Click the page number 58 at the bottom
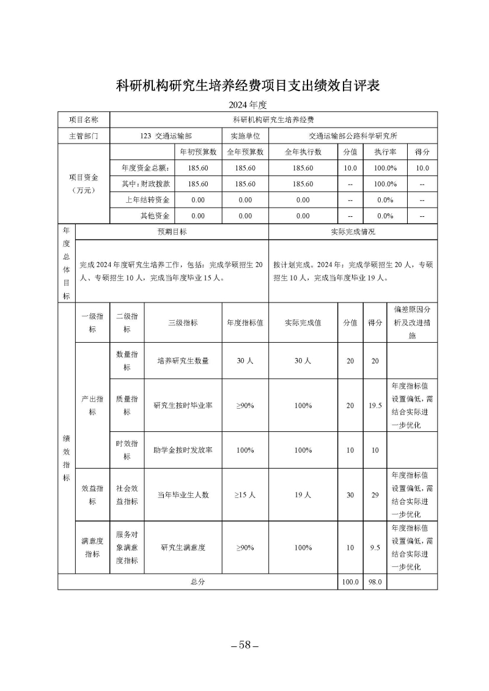pos(244,646)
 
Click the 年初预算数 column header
pos(197,152)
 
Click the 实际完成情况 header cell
pos(353,232)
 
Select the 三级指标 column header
pos(183,323)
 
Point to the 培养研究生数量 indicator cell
pos(183,360)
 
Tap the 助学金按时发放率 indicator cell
pos(183,450)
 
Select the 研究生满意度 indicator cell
pos(183,547)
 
